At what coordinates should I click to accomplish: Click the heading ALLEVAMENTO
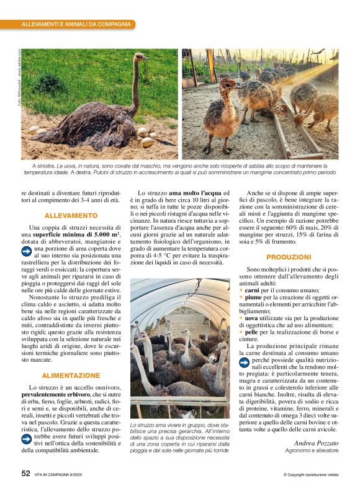coord(71,215)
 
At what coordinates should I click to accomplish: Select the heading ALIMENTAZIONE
coord(71,375)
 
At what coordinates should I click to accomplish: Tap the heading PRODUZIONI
coord(289,256)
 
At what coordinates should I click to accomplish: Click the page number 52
coord(25,473)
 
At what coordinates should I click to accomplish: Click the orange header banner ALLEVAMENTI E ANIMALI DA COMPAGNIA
coord(76,24)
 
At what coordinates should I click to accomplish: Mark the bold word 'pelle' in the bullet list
coord(253,332)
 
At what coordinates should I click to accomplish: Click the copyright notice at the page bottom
coord(311,475)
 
